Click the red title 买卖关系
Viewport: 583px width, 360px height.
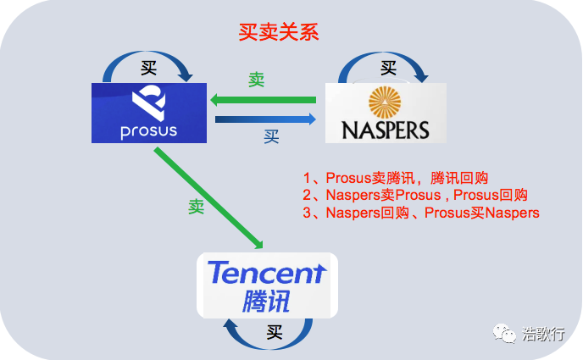coord(279,32)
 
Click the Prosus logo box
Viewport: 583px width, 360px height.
coord(149,113)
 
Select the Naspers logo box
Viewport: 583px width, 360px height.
coord(386,113)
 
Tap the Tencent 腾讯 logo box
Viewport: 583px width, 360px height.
coord(267,285)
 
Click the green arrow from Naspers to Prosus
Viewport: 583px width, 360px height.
coord(264,100)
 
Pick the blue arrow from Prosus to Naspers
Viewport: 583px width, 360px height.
coord(265,119)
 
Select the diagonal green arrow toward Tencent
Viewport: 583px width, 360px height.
coord(208,198)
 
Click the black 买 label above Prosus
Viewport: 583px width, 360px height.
coord(149,68)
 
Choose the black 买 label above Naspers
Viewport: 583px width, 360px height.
coord(389,68)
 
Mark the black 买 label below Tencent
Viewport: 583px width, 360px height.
coord(275,332)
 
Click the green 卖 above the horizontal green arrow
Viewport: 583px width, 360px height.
coord(257,80)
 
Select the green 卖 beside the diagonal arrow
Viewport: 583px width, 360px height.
coord(197,207)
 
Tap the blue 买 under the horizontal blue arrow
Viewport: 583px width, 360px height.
coord(271,136)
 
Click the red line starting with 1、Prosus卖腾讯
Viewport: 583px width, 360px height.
coord(395,178)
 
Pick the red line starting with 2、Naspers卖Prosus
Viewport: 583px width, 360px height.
coord(415,195)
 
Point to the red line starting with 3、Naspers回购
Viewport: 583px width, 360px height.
coord(421,213)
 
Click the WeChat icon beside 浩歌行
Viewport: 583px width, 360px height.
coord(504,333)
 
